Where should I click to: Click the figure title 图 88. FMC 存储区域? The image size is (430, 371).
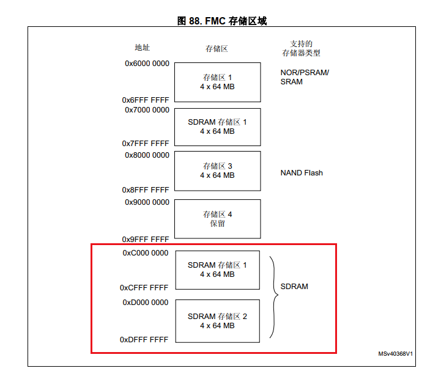pos(221,21)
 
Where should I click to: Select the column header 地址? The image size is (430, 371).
pos(143,48)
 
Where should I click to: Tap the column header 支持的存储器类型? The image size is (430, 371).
pos(301,48)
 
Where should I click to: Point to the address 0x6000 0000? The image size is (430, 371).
pos(147,63)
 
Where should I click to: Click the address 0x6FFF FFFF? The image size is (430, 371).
pos(146,100)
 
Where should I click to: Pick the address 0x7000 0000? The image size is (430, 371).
pos(147,110)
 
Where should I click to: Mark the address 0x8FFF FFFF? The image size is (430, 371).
pos(146,190)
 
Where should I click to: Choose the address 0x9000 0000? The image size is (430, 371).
pos(147,202)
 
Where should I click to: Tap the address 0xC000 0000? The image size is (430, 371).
pos(146,253)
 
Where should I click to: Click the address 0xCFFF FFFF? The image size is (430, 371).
pos(144,287)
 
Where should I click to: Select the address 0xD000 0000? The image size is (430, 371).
pos(146,303)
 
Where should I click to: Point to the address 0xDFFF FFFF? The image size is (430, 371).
pos(144,339)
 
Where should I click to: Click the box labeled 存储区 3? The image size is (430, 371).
pos(217,171)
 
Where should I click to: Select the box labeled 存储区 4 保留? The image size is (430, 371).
pos(217,219)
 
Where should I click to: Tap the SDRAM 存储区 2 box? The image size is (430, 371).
pos(217,321)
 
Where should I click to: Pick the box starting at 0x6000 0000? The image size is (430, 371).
pos(217,82)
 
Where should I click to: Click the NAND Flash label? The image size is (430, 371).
pos(302,173)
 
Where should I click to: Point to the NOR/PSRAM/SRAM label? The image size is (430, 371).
pos(304,77)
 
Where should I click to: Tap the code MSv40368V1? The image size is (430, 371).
pos(395,353)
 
